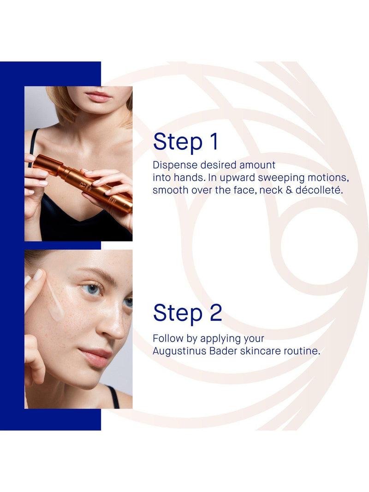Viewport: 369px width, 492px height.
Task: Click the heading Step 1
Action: [185, 142]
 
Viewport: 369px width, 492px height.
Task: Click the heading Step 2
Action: [187, 313]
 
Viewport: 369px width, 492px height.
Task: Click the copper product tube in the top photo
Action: [82, 183]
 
